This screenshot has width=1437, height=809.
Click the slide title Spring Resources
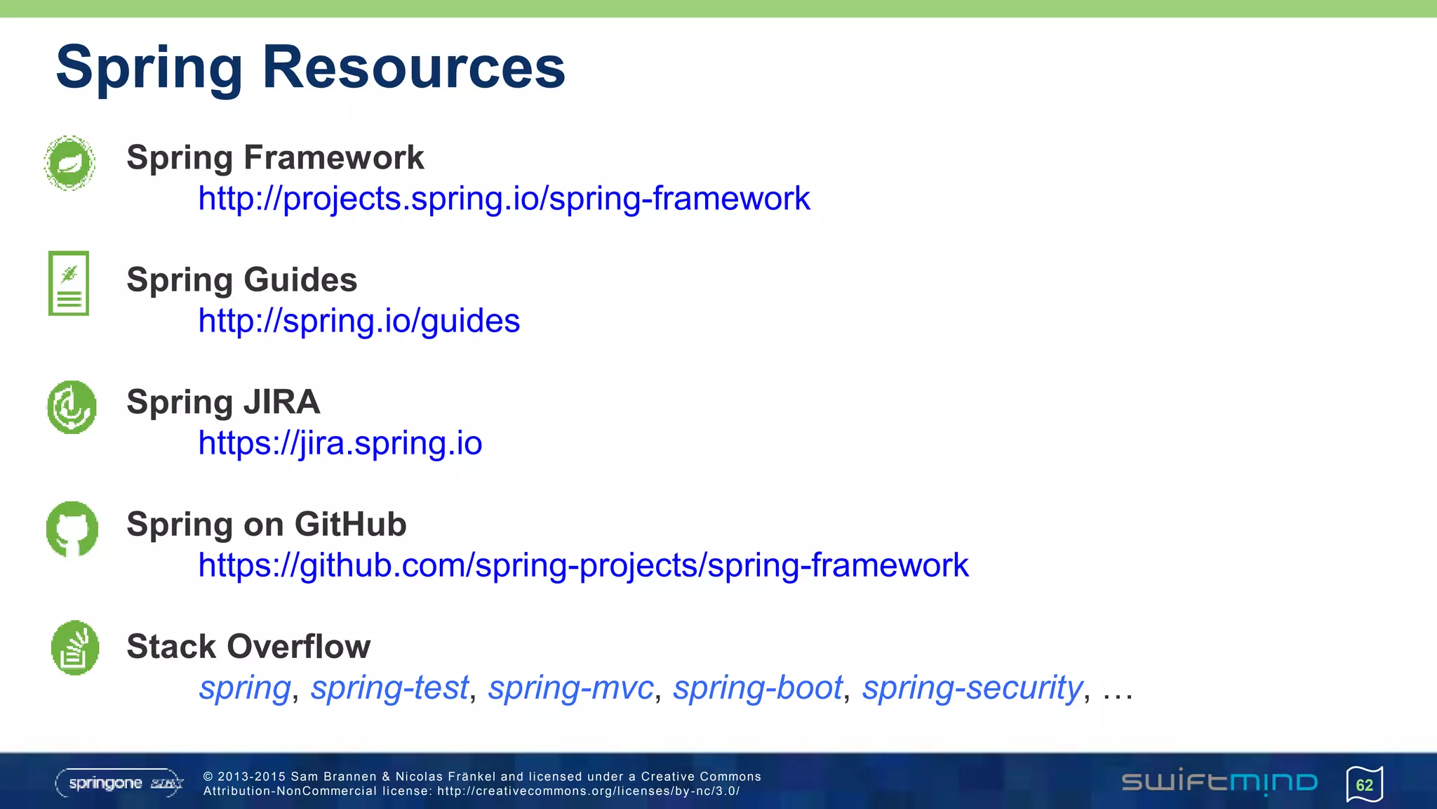pyautogui.click(x=310, y=67)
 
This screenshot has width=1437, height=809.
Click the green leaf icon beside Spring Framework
pyautogui.click(x=69, y=163)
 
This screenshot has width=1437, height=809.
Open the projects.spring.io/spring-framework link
pyautogui.click(x=503, y=199)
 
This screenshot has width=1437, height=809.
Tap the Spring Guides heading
pyautogui.click(x=241, y=279)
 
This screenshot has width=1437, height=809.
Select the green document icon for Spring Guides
pyautogui.click(x=69, y=283)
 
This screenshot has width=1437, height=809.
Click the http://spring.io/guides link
pyautogui.click(x=359, y=321)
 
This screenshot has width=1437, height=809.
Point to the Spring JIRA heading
pyautogui.click(x=222, y=402)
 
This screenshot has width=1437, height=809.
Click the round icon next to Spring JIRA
pyautogui.click(x=72, y=407)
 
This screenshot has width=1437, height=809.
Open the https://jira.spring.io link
pyautogui.click(x=340, y=443)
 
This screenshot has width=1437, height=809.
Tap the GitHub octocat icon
pyautogui.click(x=72, y=529)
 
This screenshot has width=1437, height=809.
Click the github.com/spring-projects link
pyautogui.click(x=582, y=565)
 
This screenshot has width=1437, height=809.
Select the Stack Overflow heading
pyautogui.click(x=248, y=646)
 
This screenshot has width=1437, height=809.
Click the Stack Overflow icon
pyautogui.click(x=74, y=647)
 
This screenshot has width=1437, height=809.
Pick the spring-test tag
pyautogui.click(x=389, y=688)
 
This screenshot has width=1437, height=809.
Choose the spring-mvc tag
pyautogui.click(x=570, y=688)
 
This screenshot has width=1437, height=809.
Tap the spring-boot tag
pyautogui.click(x=757, y=688)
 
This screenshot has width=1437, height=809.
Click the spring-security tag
pyautogui.click(x=973, y=688)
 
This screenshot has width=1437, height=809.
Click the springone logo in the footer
pyautogui.click(x=119, y=783)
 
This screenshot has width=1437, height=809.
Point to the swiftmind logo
pyautogui.click(x=1219, y=782)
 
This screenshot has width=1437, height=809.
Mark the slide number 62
pyautogui.click(x=1364, y=784)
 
